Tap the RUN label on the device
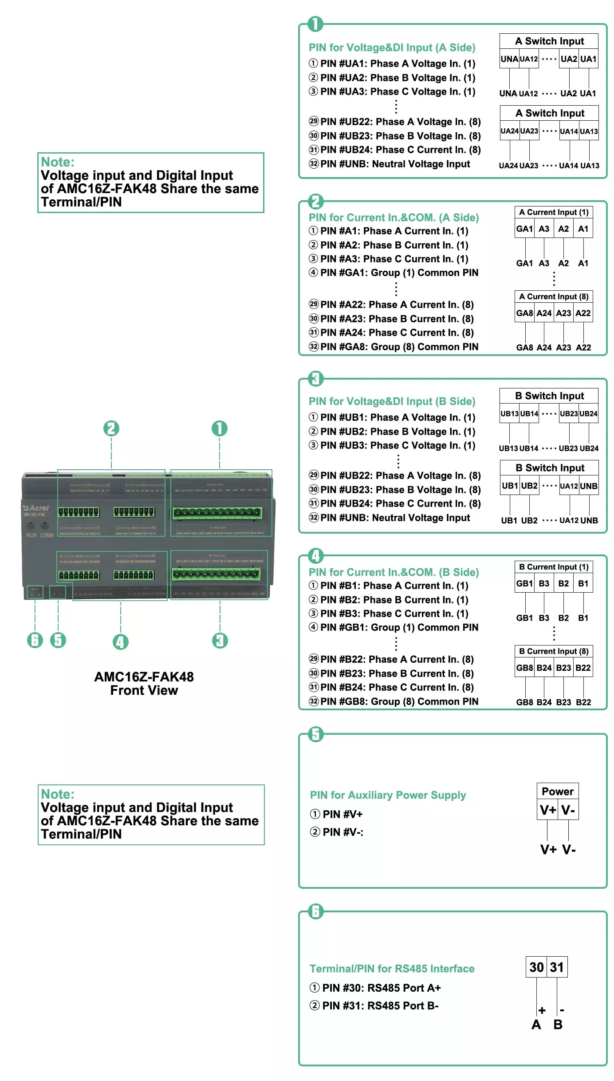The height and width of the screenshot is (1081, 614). pos(31,535)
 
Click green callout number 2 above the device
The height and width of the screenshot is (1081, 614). pos(111,428)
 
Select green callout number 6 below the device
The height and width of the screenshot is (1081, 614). pos(35,640)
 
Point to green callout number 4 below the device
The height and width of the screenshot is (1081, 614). pos(121,641)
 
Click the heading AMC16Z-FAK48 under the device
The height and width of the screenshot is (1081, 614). pos(144,677)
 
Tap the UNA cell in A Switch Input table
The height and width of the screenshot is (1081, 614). pos(509,59)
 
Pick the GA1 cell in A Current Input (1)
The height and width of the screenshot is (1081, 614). pos(524,229)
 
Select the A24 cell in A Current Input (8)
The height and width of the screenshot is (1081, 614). pos(544,313)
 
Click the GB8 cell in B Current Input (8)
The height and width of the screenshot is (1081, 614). pos(524,668)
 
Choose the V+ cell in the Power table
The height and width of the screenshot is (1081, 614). pos(547,810)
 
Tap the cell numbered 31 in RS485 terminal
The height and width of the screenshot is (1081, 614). pos(557,967)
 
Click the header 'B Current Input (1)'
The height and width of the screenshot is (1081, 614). pos(554,567)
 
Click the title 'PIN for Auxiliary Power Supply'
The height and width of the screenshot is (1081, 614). pos(388,795)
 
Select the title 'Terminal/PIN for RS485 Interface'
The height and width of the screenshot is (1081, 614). pos(392,969)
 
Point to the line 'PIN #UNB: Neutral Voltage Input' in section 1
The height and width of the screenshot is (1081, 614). pos(395,164)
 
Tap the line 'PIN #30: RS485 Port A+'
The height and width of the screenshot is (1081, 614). pos(381,988)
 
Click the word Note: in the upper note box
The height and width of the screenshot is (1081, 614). pos(58,162)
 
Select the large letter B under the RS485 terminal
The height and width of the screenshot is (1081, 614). pos(558,1025)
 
